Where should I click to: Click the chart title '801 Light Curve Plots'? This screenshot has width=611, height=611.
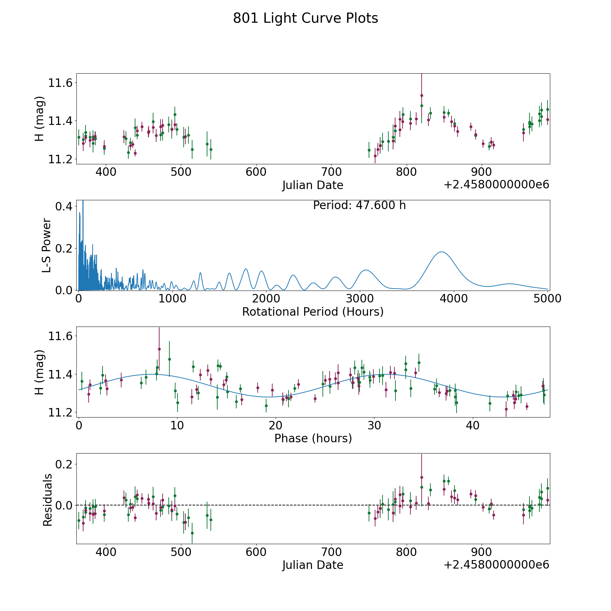pos(305,18)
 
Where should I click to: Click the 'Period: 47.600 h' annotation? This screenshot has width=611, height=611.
pos(359,205)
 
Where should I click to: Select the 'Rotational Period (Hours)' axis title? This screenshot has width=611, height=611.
pos(313,312)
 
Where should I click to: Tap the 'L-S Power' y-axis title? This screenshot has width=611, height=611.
pos(47,245)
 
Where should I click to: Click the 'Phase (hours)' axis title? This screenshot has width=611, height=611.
pos(313,438)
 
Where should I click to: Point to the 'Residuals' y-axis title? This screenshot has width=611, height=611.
pos(48,500)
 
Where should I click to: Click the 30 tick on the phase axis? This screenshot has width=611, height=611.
pos(374,425)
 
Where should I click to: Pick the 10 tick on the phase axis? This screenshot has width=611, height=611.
pos(177,425)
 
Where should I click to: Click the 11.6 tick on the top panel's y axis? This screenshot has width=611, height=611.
pos(60,83)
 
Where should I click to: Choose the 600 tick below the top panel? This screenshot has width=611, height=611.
pos(256,172)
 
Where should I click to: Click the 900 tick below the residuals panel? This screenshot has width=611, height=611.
pos(482,552)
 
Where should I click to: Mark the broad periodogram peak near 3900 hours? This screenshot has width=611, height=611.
pos(442,252)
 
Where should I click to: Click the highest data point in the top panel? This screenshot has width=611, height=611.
pos(422,95)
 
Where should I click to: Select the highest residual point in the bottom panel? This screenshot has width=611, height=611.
pos(422,477)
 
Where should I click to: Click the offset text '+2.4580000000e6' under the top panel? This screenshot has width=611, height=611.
pos(496,185)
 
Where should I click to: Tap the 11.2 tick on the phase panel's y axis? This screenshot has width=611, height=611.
pos(60,413)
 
